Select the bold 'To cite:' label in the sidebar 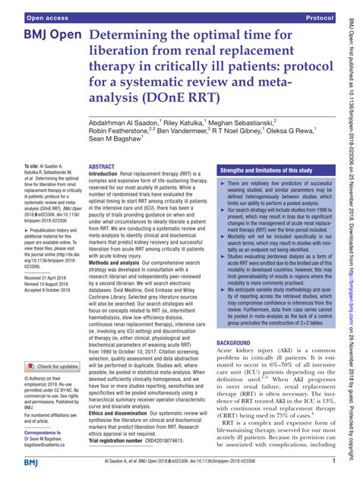pos(16,165)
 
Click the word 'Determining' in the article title pos(137,36)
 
